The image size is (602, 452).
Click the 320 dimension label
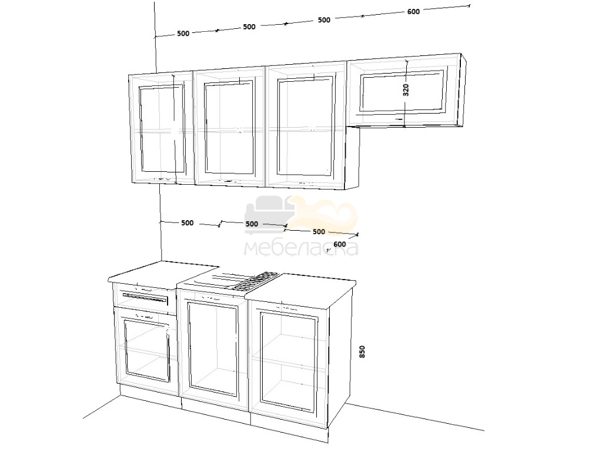[406, 89]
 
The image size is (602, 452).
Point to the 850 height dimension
[362, 352]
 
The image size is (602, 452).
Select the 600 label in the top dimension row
[413, 12]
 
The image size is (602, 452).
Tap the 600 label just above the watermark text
[340, 244]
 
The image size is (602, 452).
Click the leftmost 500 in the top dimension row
[183, 34]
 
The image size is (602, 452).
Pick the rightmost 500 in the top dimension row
[324, 20]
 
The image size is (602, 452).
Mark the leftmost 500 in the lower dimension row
[187, 223]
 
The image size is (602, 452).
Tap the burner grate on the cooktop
[255, 281]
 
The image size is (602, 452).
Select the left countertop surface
[164, 274]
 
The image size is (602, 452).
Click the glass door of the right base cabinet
[289, 360]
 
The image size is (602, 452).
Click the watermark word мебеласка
[302, 249]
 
